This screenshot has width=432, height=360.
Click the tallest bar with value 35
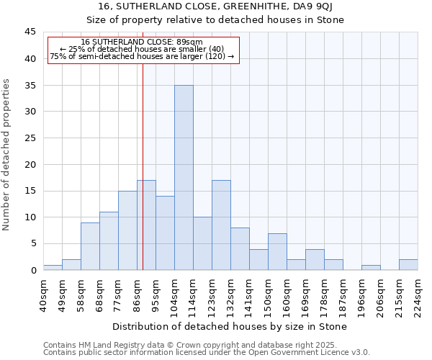184,178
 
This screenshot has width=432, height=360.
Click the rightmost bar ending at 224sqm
408,264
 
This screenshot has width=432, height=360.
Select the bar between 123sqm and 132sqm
221,225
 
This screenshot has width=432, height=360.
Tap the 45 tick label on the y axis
30,32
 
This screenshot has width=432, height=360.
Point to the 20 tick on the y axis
30,164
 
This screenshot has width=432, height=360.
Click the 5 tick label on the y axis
32,243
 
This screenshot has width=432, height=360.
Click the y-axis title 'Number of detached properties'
7,155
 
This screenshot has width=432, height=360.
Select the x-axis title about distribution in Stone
230,326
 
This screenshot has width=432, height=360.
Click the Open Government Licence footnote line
207,352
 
